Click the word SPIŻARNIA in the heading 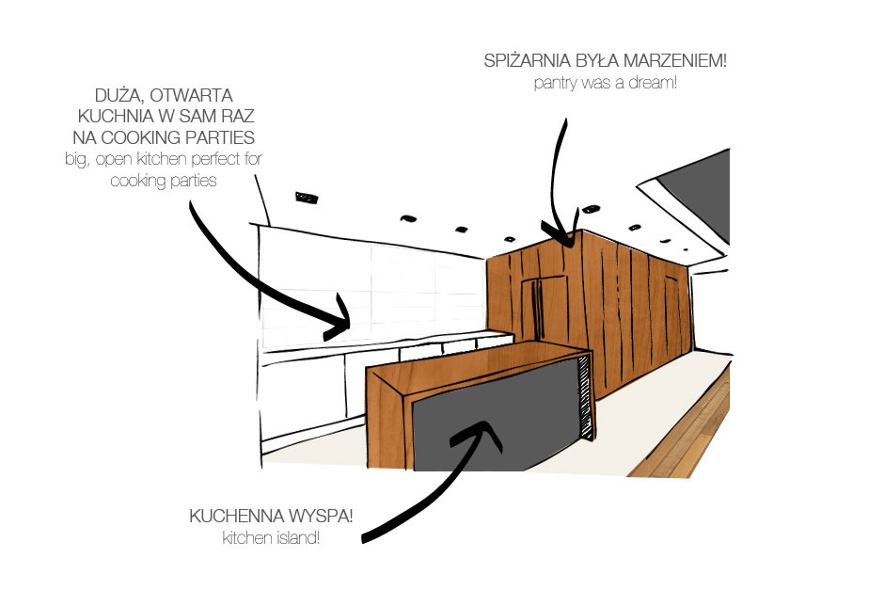[x=528, y=60]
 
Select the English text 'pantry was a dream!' [x=605, y=83]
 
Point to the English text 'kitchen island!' [x=271, y=537]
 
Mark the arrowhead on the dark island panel [x=480, y=434]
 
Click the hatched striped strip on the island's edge [x=586, y=396]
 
